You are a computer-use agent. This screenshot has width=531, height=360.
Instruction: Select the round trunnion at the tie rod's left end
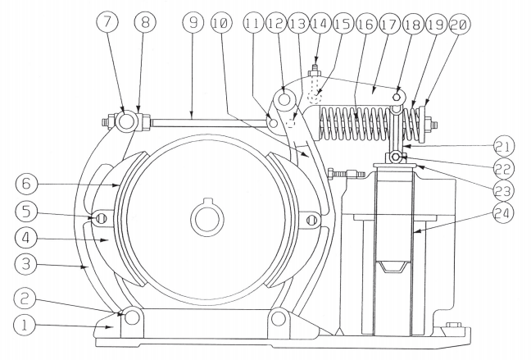(124, 124)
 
